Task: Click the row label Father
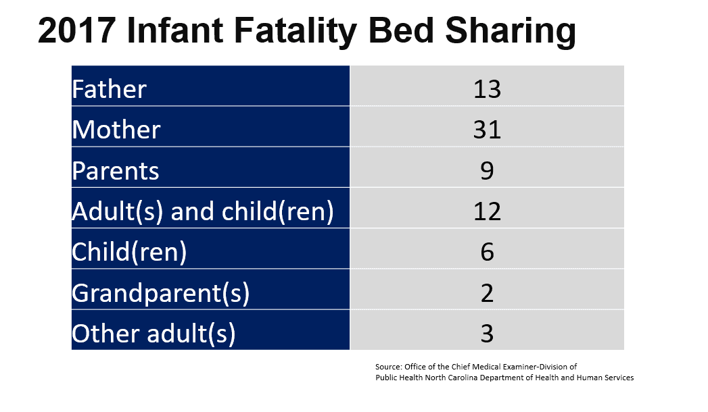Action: click(x=109, y=89)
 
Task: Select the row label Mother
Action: click(x=116, y=130)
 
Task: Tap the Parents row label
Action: click(x=116, y=171)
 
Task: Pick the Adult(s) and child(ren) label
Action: click(x=203, y=211)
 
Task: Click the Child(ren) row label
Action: click(x=129, y=252)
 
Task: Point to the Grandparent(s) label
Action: click(x=161, y=293)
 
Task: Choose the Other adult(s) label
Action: click(x=154, y=334)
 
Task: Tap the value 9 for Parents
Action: click(x=487, y=171)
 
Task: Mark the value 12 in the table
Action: click(x=487, y=211)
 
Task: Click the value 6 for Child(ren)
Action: click(x=487, y=252)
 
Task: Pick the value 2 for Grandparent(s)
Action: click(x=487, y=293)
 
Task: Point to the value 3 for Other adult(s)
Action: click(x=487, y=334)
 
